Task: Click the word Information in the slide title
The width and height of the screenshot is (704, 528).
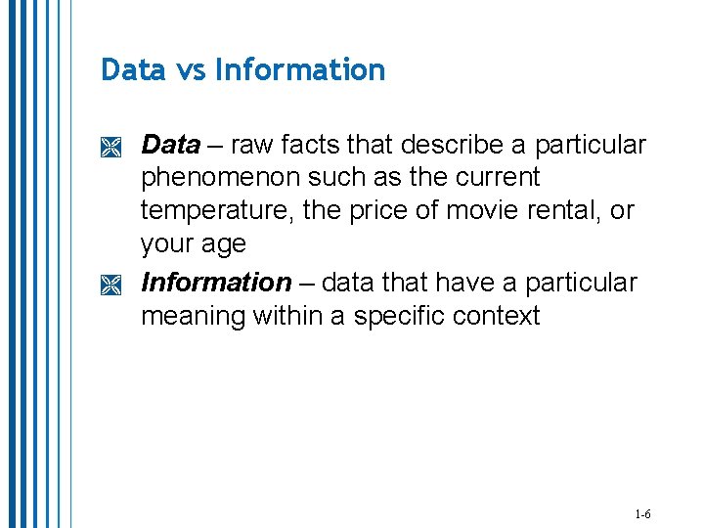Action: click(x=300, y=70)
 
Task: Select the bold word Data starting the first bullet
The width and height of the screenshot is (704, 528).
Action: click(x=170, y=145)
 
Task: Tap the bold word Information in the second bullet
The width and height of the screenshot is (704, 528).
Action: click(x=216, y=283)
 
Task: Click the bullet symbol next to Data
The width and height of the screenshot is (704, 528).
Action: click(x=110, y=148)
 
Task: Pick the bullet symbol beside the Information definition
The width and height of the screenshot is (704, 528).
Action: click(x=110, y=286)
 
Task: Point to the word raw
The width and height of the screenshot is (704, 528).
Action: click(x=253, y=146)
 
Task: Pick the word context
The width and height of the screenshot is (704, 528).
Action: click(x=500, y=317)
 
